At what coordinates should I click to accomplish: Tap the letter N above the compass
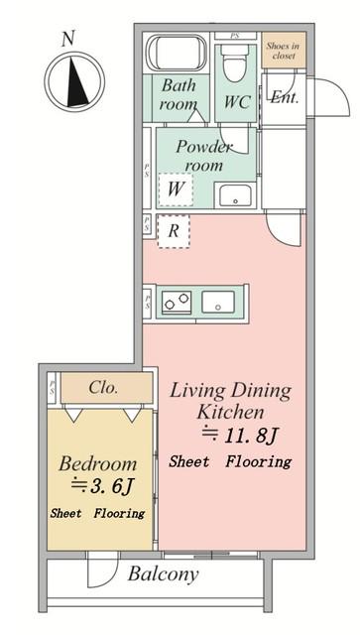(68, 39)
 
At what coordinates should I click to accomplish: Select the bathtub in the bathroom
(177, 53)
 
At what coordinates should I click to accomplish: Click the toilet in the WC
(236, 63)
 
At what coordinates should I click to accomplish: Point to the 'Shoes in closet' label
(283, 51)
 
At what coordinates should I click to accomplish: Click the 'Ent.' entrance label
(285, 97)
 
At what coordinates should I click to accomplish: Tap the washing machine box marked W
(176, 190)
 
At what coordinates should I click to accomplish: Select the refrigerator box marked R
(174, 231)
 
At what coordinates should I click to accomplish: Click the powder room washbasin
(235, 194)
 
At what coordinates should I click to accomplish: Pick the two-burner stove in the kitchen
(177, 302)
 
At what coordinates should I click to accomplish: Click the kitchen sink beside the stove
(218, 302)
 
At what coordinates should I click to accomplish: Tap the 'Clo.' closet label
(104, 388)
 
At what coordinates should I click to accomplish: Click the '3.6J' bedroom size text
(102, 485)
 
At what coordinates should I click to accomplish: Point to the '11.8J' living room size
(241, 436)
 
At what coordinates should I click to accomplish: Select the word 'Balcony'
(164, 573)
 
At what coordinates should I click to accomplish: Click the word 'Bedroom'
(97, 463)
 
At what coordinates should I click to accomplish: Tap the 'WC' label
(237, 102)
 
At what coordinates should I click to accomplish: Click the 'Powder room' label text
(203, 157)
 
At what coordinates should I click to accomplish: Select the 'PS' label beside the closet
(53, 388)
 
